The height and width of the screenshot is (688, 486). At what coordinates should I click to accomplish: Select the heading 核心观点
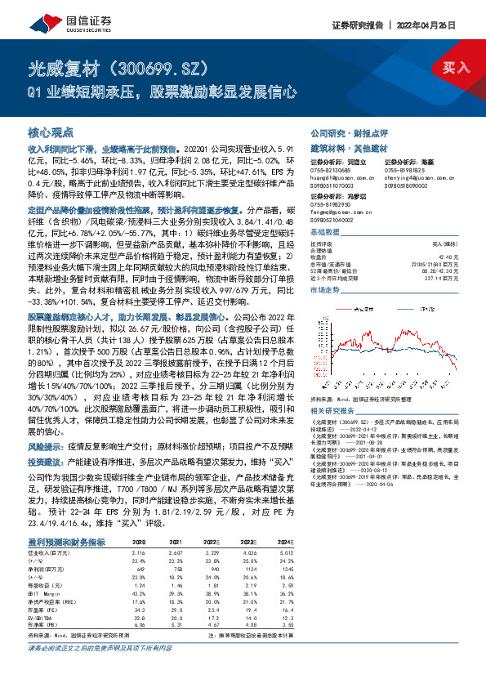(x=51, y=132)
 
